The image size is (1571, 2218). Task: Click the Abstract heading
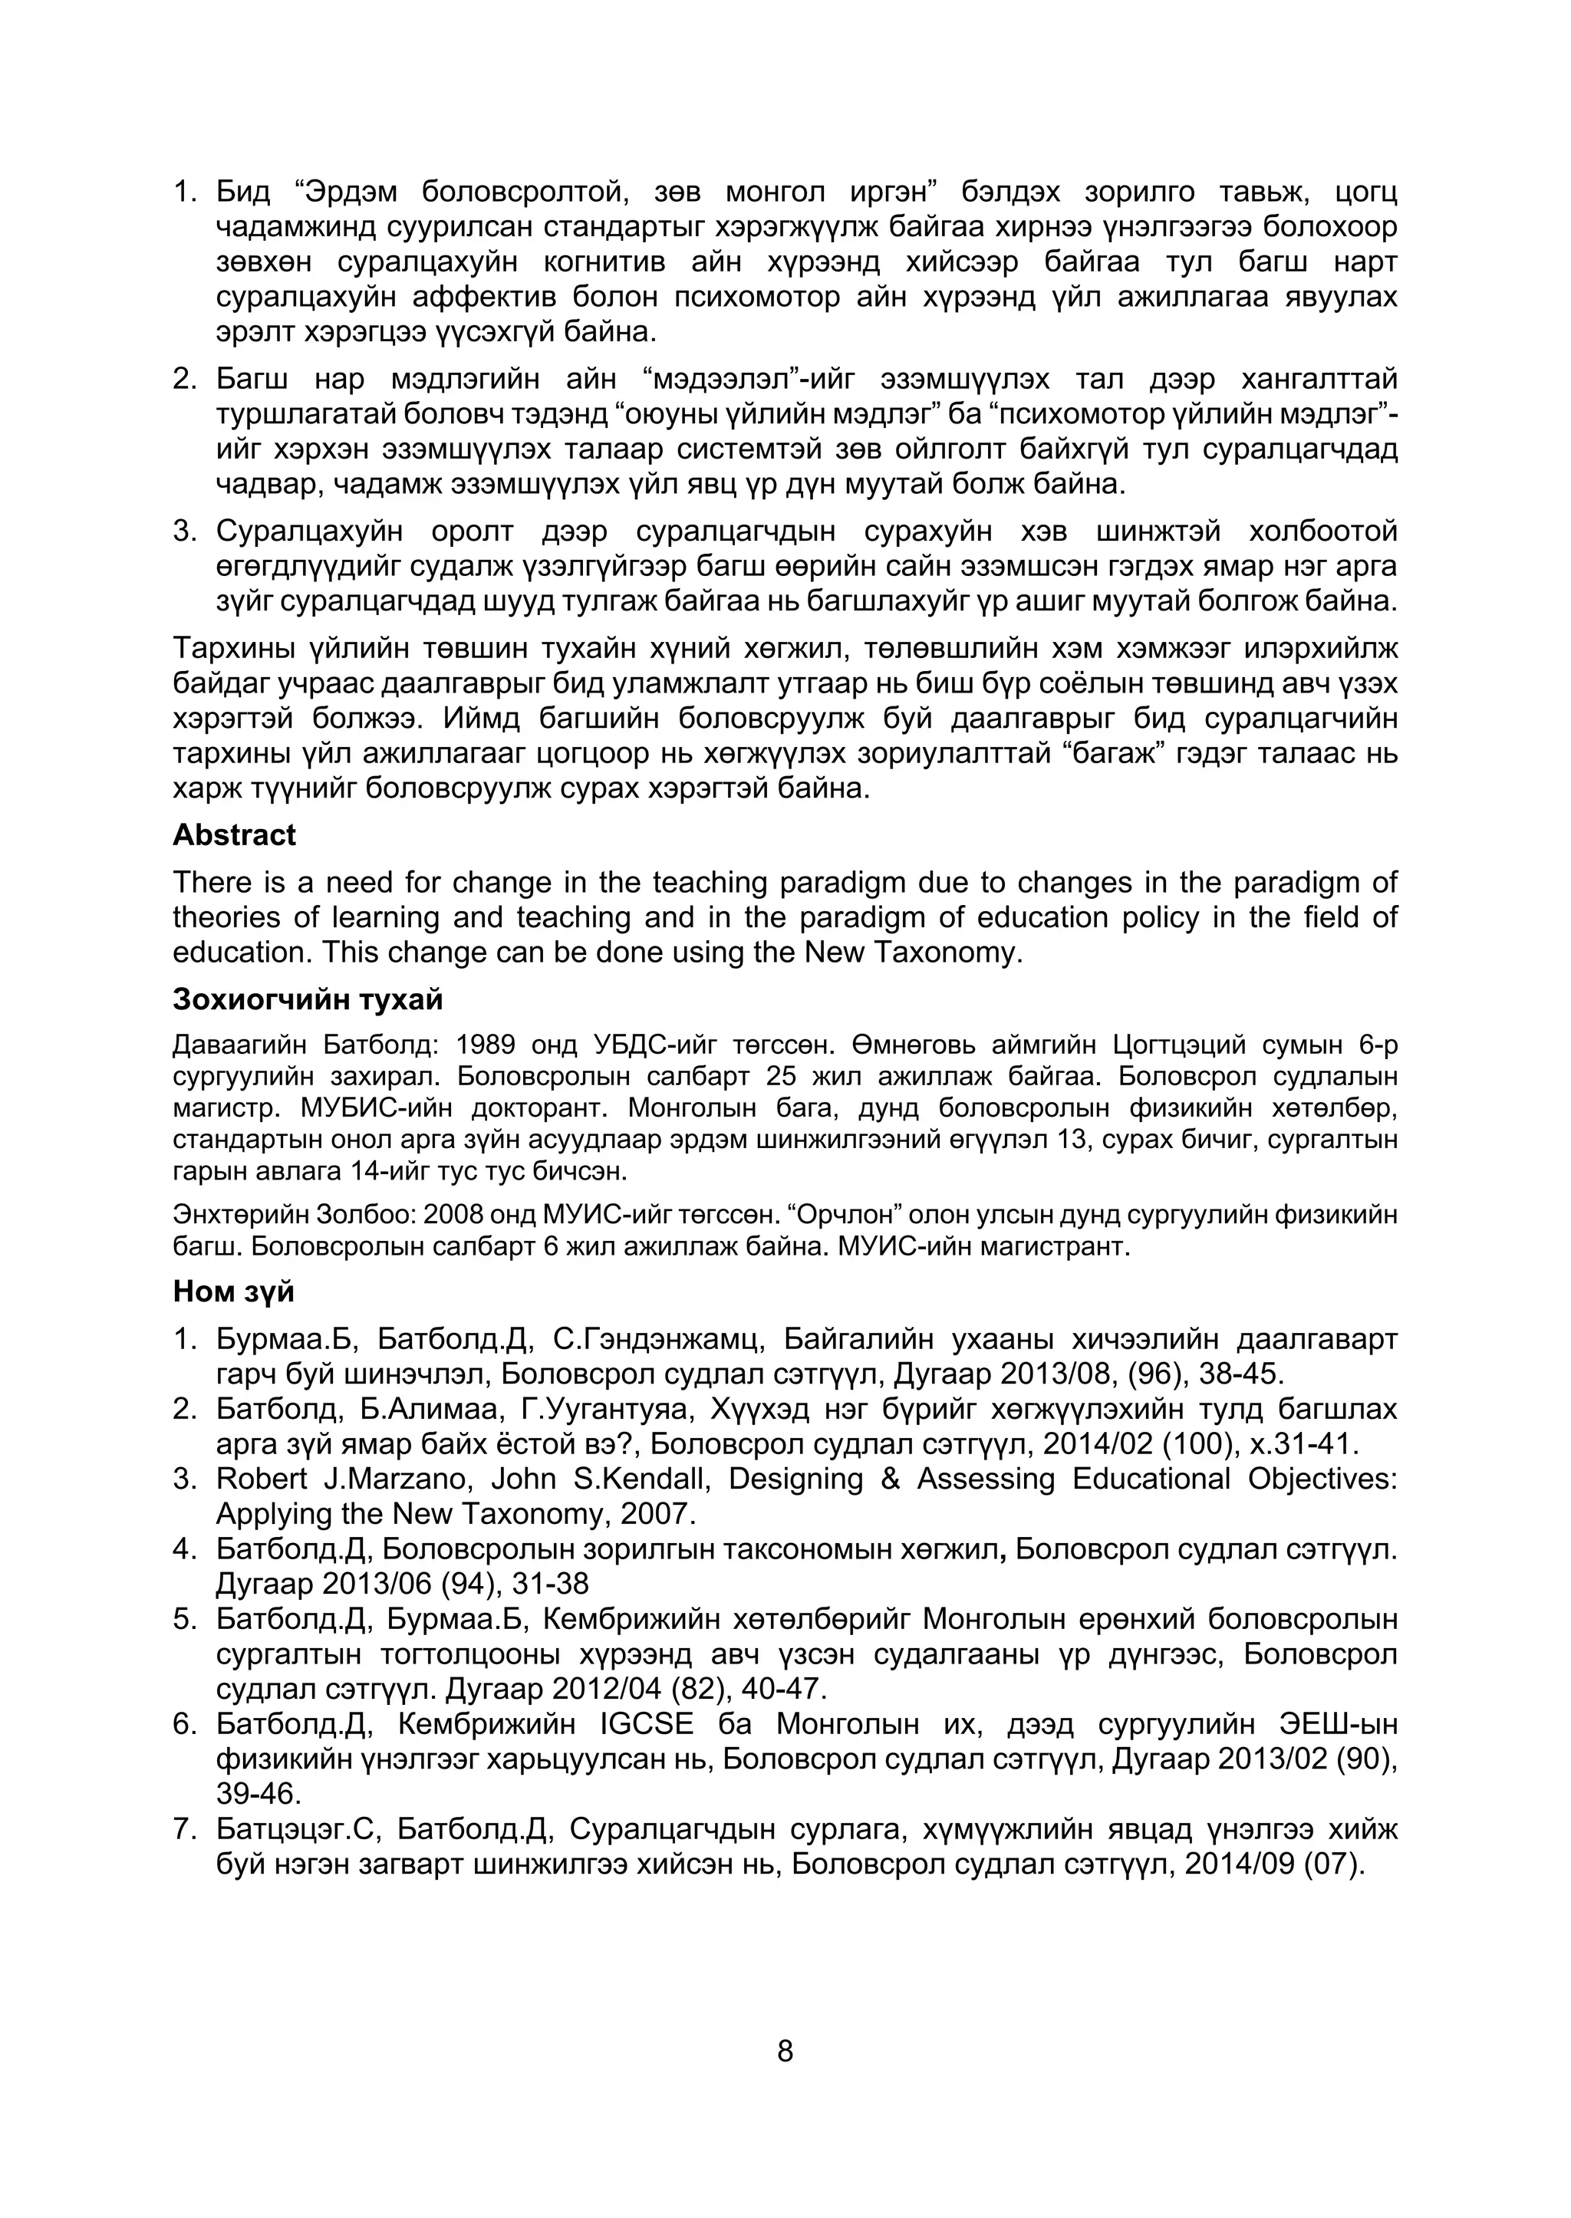point(234,834)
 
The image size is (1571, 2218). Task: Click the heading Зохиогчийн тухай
point(308,999)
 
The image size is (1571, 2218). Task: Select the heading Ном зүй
point(233,1292)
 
